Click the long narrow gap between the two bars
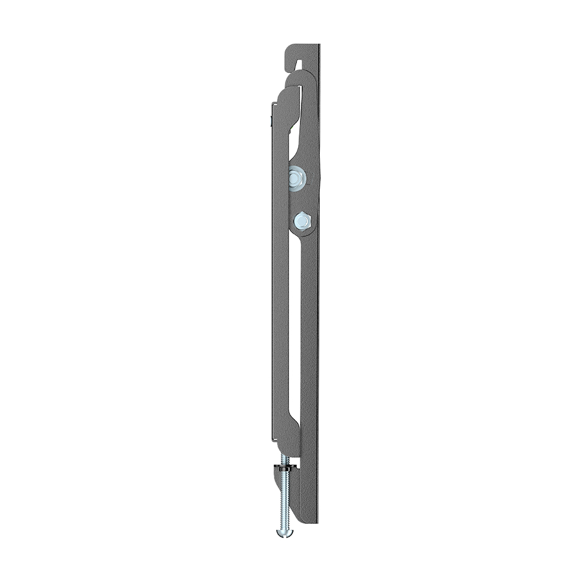294,321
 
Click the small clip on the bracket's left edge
270,121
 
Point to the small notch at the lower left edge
271,439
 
